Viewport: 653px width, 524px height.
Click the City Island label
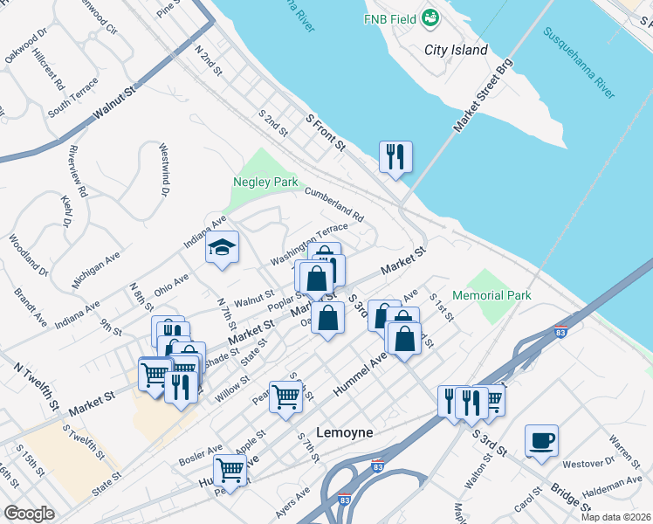click(x=456, y=50)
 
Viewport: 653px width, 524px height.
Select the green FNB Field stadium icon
click(x=430, y=17)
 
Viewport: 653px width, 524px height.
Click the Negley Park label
click(x=265, y=183)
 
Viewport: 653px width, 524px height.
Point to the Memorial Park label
click(x=491, y=296)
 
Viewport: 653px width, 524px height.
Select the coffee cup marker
click(x=541, y=440)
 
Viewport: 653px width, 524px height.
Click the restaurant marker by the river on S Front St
click(x=395, y=156)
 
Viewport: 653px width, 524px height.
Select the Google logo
click(x=29, y=514)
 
